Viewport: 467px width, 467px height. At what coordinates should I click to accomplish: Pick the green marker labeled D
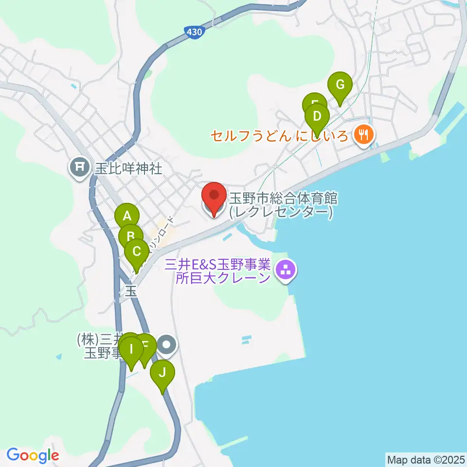tap(317, 117)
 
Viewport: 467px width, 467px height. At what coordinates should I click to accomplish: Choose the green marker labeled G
tap(340, 85)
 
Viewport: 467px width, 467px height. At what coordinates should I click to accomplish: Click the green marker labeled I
tap(130, 349)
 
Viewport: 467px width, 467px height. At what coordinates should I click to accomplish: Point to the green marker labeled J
tap(162, 374)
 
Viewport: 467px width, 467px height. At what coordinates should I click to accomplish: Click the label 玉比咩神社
tap(128, 169)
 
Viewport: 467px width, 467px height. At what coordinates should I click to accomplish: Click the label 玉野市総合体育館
tap(284, 198)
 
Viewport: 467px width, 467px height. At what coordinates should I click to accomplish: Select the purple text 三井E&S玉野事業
tap(217, 265)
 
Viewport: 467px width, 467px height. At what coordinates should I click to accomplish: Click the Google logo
tap(33, 455)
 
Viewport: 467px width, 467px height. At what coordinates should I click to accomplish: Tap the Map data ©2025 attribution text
tap(425, 459)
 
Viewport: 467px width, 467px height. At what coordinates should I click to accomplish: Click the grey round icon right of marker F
tap(167, 345)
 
